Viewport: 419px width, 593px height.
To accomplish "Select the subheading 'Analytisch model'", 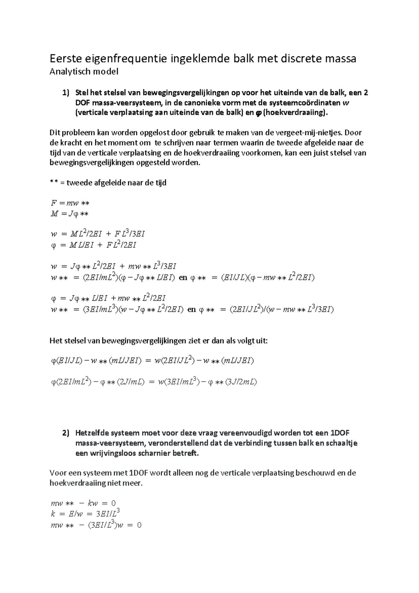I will tap(84, 72).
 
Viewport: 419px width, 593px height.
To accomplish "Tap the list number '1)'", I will tap(66, 93).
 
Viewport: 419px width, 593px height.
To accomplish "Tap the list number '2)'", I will tap(66, 433).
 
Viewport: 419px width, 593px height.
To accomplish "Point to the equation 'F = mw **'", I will tap(70, 203).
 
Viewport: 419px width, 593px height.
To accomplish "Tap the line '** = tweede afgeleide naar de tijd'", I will tap(108, 183).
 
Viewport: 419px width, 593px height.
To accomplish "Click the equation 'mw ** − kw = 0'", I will tap(83, 504).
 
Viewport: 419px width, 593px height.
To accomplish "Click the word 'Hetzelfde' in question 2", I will tap(92, 433).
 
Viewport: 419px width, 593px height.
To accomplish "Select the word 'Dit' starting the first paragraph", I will tap(55, 133).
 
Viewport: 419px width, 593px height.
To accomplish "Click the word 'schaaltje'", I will tap(342, 443).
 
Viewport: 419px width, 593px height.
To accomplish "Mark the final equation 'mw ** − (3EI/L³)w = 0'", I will tap(96, 525).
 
